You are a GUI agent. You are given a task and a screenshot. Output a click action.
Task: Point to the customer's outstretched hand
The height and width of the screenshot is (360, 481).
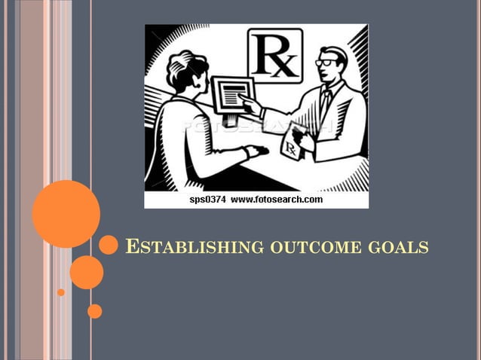pos(256,151)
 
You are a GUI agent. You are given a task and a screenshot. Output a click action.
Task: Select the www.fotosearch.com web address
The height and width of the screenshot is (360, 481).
pos(276,200)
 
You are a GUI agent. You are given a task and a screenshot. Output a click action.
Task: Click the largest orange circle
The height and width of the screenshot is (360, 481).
pos(66,214)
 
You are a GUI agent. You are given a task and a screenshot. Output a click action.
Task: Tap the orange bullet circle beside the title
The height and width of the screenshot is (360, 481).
pos(109,244)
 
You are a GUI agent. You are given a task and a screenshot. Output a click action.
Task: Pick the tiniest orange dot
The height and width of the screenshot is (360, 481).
pos(61,292)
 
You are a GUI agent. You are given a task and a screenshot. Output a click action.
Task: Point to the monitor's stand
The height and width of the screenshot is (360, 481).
pos(231,120)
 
